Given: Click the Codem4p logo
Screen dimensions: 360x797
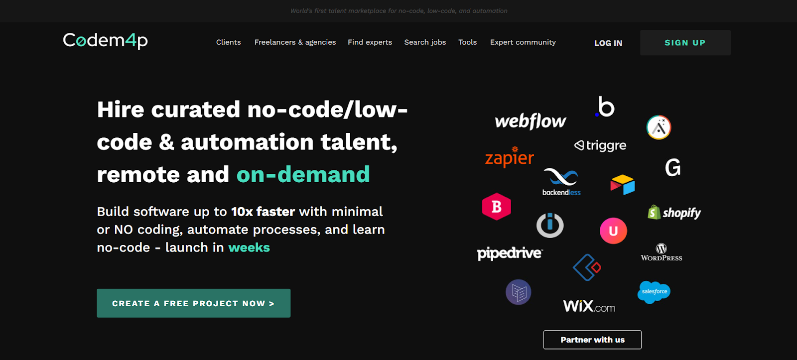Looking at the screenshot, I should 105,40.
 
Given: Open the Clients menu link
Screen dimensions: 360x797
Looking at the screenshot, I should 229,42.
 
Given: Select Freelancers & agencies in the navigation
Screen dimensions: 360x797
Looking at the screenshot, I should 295,42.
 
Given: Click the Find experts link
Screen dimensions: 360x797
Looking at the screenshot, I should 370,42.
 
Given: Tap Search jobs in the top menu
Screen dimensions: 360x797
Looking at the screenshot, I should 425,42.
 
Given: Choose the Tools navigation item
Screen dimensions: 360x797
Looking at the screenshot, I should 467,42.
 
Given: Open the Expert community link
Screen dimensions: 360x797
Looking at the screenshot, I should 523,42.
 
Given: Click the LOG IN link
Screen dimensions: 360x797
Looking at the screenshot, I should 608,43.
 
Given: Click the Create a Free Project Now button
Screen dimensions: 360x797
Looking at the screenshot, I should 193,303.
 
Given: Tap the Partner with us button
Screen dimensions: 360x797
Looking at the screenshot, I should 592,340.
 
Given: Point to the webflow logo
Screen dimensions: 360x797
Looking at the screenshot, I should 530,121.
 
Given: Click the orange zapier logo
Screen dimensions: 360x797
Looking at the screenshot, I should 509,157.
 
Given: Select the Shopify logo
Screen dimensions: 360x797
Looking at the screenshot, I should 674,213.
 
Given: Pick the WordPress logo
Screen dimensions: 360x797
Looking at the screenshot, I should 662,252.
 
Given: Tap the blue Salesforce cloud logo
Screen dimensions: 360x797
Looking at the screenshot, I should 654,292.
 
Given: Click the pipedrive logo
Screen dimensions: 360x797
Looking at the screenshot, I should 510,253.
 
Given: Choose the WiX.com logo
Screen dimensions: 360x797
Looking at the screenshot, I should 589,306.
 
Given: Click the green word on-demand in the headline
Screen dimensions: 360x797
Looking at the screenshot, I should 303,175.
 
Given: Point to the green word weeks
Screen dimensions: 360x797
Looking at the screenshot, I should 249,247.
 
